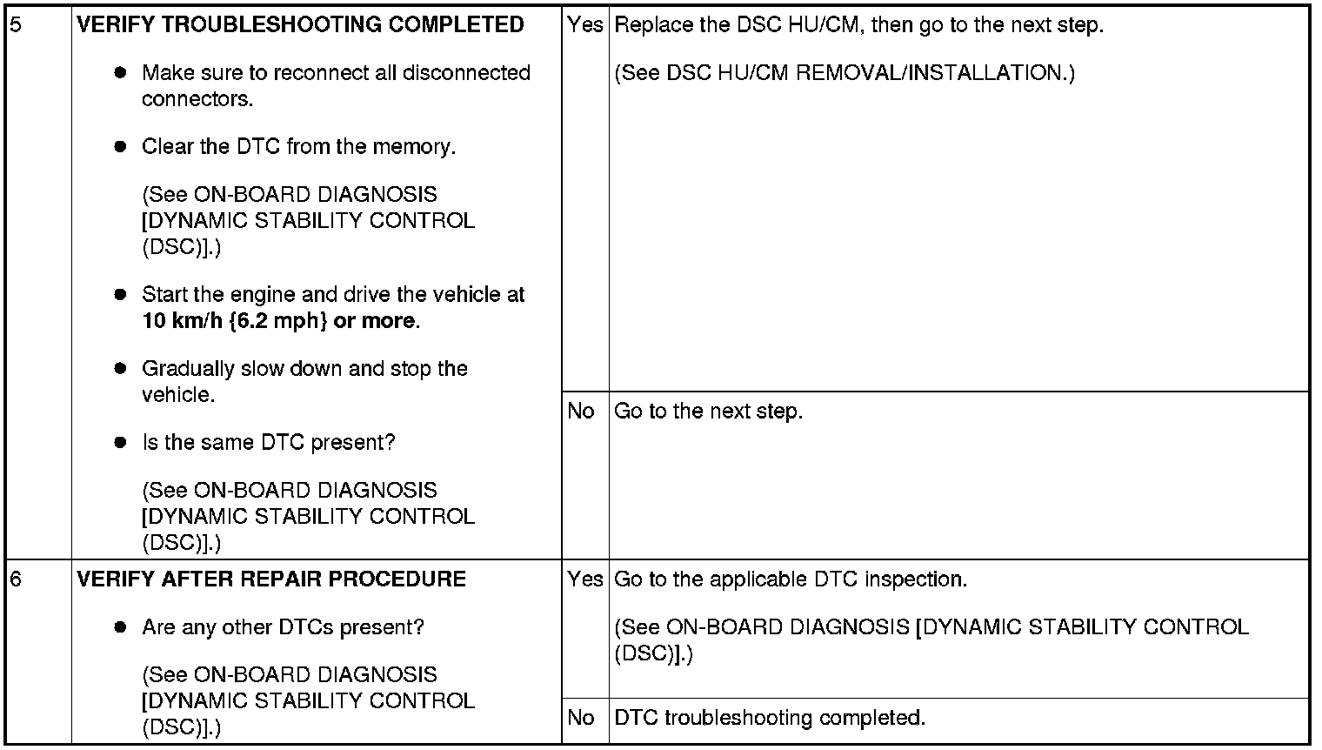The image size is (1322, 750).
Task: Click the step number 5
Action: (x=16, y=24)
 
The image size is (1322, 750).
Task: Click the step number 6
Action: (x=16, y=579)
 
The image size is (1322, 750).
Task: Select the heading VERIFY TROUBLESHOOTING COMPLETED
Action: (x=300, y=24)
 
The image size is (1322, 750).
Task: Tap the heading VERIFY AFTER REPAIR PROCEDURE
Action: (x=271, y=579)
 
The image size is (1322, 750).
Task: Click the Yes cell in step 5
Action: (x=584, y=24)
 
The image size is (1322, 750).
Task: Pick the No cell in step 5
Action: (x=581, y=411)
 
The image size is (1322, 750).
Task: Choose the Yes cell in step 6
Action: (x=584, y=579)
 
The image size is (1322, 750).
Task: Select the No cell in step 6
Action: (x=581, y=718)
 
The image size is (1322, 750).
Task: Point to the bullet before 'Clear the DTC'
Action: (x=121, y=147)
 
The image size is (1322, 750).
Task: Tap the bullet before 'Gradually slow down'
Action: (x=121, y=369)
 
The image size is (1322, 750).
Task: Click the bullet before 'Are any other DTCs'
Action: (x=121, y=627)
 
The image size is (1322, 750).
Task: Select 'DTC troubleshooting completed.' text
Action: (x=770, y=718)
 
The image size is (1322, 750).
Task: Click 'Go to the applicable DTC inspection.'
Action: (x=790, y=579)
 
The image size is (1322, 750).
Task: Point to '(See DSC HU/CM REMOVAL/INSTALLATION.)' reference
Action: (x=844, y=73)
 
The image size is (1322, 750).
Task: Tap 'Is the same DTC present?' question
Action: (x=268, y=443)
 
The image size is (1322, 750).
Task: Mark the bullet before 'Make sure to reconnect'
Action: (x=121, y=73)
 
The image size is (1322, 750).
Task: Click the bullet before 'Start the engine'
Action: (x=121, y=295)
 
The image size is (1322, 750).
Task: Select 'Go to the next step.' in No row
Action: (x=708, y=411)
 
